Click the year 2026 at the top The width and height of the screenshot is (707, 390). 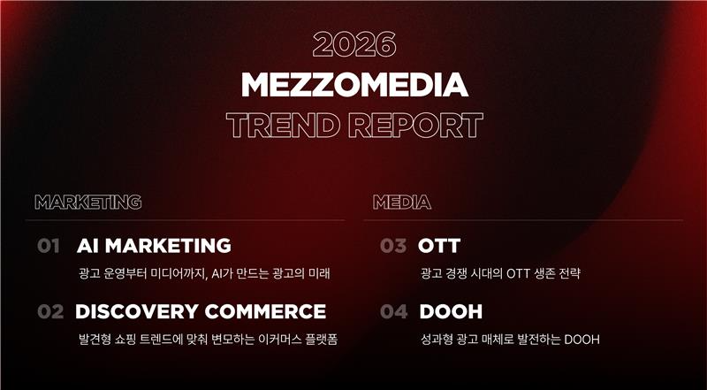click(x=353, y=45)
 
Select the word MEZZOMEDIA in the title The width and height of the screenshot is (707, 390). click(x=353, y=85)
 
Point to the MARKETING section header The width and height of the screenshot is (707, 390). click(x=87, y=203)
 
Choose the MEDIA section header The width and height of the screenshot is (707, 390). click(x=402, y=203)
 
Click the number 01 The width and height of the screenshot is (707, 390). click(x=49, y=246)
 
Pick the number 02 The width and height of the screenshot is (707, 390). click(x=50, y=311)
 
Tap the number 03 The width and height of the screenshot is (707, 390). click(x=393, y=246)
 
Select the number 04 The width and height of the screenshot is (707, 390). click(x=393, y=311)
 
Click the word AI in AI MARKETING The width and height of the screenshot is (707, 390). click(x=89, y=246)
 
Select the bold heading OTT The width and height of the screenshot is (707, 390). click(x=439, y=246)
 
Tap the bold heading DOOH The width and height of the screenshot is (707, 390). click(x=450, y=311)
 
